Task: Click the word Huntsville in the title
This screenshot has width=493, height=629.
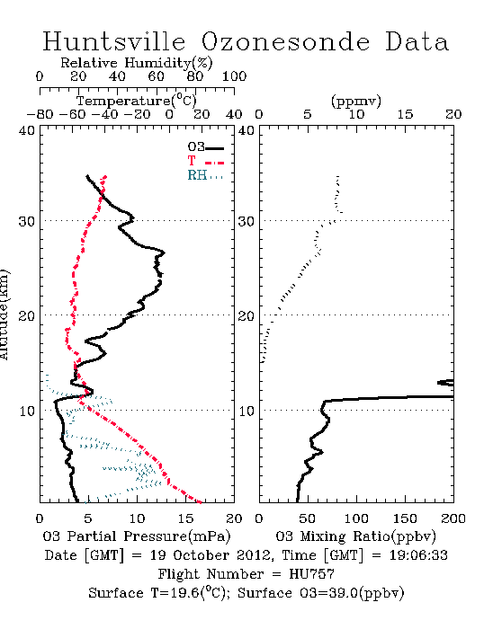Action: pos(114,41)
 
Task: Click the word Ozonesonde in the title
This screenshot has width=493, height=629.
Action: pos(285,41)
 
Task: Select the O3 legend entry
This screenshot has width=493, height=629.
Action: pos(205,147)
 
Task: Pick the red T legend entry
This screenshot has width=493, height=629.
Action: pos(205,161)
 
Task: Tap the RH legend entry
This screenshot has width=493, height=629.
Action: pos(205,175)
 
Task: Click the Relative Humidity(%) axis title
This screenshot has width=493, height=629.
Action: pos(137,63)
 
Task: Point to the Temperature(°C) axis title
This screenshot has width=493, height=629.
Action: pos(137,101)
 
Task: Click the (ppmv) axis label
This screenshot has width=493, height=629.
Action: pos(355,101)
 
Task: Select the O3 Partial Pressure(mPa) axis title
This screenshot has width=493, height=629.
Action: pos(137,536)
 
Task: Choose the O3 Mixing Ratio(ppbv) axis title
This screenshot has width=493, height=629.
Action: pos(355,536)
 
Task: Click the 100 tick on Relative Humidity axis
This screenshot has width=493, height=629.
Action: pos(234,76)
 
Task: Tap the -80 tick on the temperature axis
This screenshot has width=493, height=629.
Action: pos(40,115)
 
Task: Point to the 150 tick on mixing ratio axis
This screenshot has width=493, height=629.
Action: pos(405,518)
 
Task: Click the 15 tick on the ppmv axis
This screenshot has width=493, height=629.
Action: pos(405,115)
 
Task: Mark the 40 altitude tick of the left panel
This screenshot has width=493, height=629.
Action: pos(27,131)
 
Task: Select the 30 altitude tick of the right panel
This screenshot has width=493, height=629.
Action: pos(246,221)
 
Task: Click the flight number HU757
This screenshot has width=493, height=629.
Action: pos(311,574)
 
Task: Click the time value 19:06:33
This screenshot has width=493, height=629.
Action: pos(418,555)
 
